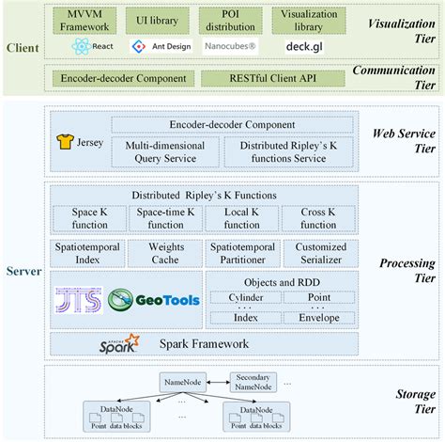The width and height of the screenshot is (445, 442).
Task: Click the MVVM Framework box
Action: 85,21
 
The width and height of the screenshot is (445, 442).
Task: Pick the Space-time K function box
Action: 165,218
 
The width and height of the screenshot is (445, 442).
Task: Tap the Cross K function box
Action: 318,218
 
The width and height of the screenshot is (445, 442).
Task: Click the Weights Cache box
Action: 165,253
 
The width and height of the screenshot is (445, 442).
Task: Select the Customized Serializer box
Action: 318,253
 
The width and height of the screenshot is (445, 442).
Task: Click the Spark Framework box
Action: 204,344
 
